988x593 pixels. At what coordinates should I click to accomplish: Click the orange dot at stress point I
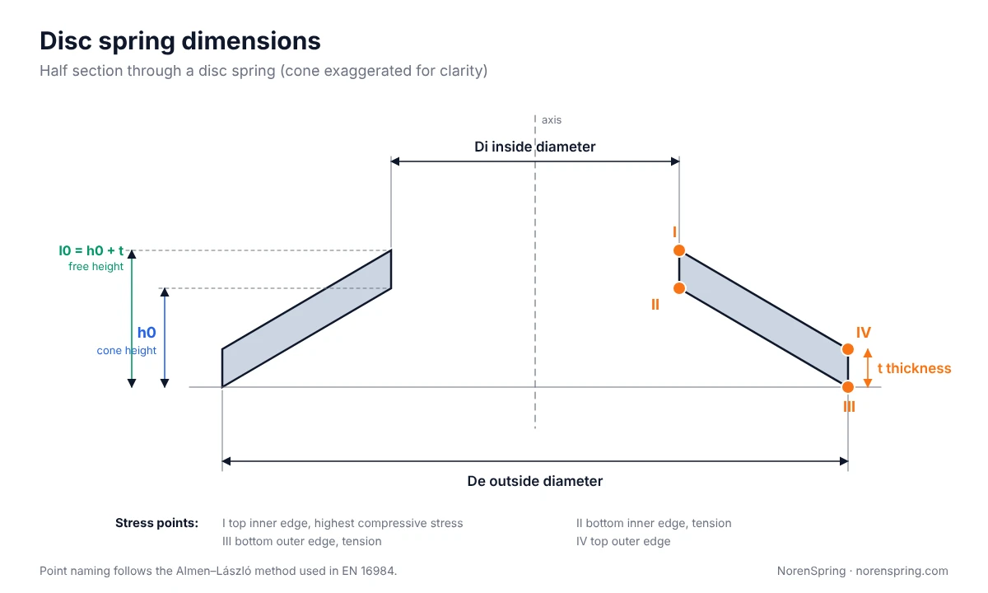coord(679,250)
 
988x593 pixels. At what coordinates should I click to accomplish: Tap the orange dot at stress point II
coord(679,288)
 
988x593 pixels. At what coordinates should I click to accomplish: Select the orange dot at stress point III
coord(848,387)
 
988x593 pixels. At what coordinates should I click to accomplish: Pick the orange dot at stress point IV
coord(848,349)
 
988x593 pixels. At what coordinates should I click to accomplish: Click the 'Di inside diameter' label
coord(534,147)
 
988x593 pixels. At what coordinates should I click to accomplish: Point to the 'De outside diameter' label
coord(534,481)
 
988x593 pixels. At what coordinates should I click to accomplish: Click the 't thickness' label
coord(914,368)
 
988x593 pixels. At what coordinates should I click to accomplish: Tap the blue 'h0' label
coord(147,332)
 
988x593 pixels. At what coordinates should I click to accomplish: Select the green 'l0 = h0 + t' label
coord(91,250)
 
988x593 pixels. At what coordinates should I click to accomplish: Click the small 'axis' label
coord(552,120)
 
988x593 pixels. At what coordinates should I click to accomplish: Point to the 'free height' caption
coord(96,267)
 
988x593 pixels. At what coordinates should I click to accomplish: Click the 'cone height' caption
coord(127,350)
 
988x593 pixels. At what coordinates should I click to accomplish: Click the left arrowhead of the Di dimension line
coord(394,161)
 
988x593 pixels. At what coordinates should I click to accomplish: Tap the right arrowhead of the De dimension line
coord(844,461)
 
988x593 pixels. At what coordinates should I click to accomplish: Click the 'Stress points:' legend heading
coord(156,523)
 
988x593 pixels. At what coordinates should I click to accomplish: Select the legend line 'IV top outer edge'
coord(622,541)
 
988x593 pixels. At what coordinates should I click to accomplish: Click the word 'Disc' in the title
coord(66,41)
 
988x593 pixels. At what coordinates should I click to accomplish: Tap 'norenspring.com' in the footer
coord(902,571)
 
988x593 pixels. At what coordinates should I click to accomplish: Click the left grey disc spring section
coord(306,319)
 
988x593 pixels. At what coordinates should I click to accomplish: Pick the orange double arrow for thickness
coord(868,368)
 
